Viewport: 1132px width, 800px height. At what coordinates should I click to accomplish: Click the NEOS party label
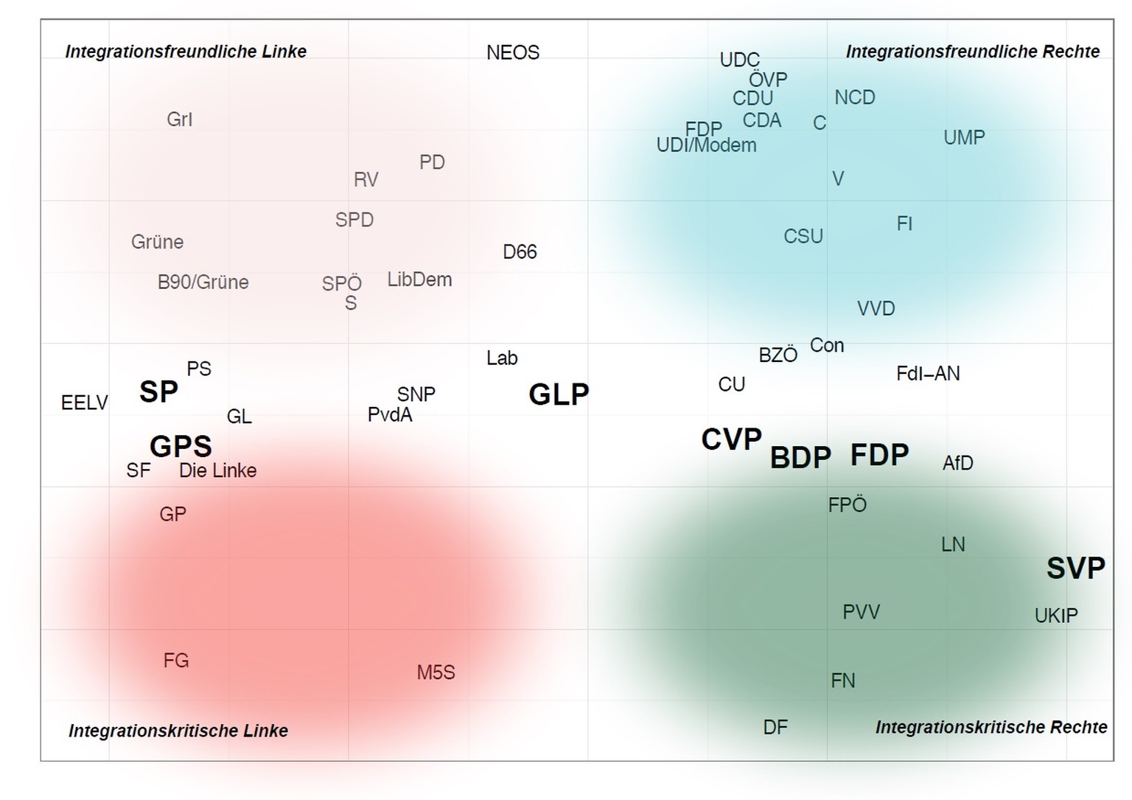click(x=513, y=53)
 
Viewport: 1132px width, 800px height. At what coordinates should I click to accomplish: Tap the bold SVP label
click(x=1075, y=568)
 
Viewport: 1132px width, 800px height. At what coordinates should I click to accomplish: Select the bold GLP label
click(x=559, y=395)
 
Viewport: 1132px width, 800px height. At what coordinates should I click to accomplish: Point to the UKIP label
click(x=1056, y=616)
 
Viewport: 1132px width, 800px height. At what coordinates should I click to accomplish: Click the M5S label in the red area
click(x=436, y=673)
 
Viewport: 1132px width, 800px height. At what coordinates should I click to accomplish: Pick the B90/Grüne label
click(x=203, y=282)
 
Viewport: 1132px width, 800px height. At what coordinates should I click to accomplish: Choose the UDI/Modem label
click(x=706, y=145)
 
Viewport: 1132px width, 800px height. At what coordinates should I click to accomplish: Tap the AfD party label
click(x=957, y=463)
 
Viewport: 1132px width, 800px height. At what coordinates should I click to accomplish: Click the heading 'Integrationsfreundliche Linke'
click(x=186, y=52)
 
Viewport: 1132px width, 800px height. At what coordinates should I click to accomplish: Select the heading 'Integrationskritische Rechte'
click(x=990, y=728)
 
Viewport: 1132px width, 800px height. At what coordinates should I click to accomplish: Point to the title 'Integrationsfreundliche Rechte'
click(x=972, y=52)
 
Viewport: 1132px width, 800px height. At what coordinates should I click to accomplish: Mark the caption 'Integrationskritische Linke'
click(x=178, y=731)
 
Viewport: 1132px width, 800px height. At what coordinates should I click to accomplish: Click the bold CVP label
click(x=731, y=440)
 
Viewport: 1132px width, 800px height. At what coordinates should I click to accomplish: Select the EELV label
click(x=85, y=403)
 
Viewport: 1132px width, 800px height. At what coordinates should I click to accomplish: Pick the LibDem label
click(x=419, y=280)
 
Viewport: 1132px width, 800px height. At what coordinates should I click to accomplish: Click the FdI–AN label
click(x=928, y=374)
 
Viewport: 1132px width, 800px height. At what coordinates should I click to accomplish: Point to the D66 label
click(x=520, y=252)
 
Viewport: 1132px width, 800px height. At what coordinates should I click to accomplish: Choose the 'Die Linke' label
click(x=217, y=471)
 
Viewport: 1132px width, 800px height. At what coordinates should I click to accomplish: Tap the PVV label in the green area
click(x=861, y=612)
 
